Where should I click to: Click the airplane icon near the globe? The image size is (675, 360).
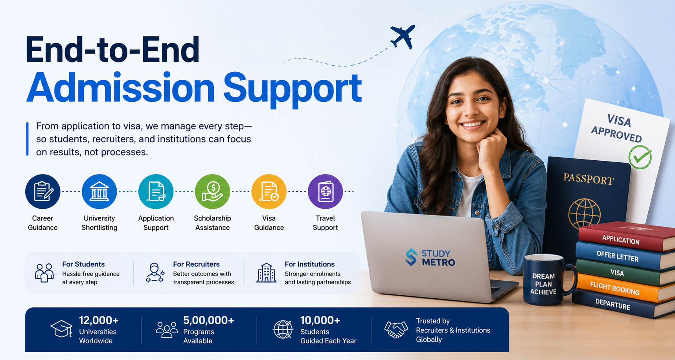pyautogui.click(x=403, y=36)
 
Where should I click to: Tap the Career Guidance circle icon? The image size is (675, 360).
pyautogui.click(x=43, y=191)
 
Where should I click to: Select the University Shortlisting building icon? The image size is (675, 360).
pyautogui.click(x=99, y=191)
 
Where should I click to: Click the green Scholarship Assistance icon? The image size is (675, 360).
pyautogui.click(x=212, y=191)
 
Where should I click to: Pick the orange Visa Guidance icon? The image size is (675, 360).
pyautogui.click(x=269, y=191)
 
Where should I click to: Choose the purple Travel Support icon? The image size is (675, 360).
pyautogui.click(x=326, y=191)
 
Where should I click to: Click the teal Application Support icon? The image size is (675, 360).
pyautogui.click(x=156, y=191)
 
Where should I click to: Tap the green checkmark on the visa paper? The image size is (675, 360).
pyautogui.click(x=640, y=157)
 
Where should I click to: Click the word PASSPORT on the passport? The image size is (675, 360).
pyautogui.click(x=589, y=179)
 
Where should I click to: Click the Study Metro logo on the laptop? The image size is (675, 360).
pyautogui.click(x=430, y=258)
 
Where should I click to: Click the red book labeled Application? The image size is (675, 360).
pyautogui.click(x=627, y=237)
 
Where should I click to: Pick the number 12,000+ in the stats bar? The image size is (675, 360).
pyautogui.click(x=99, y=320)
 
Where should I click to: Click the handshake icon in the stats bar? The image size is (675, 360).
pyautogui.click(x=396, y=329)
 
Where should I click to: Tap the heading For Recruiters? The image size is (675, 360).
pyautogui.click(x=196, y=264)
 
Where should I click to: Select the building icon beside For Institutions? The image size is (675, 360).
pyautogui.click(x=266, y=272)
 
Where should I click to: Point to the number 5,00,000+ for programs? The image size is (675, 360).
pyautogui.click(x=209, y=320)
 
